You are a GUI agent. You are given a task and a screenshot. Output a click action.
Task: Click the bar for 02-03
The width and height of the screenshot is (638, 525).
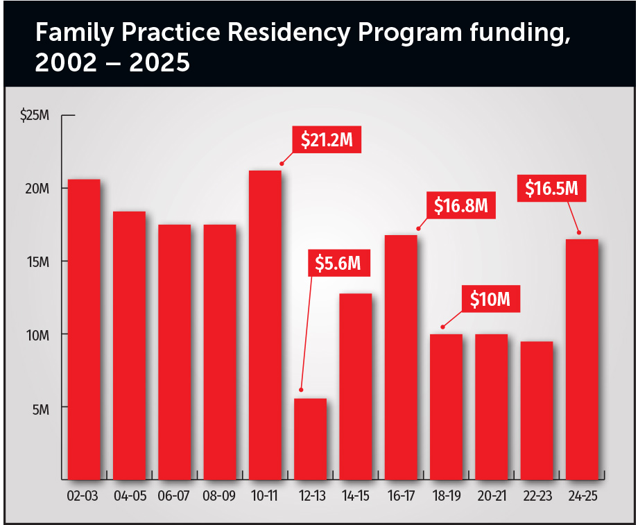coord(84,329)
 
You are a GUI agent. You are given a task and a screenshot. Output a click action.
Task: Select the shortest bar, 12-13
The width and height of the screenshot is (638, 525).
coord(310,439)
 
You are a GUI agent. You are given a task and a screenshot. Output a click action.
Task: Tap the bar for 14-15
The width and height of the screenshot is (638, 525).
coord(355,386)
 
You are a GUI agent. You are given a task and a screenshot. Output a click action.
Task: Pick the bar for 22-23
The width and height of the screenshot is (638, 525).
coord(536,410)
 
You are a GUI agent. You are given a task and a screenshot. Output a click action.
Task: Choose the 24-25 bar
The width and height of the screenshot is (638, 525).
coord(582,359)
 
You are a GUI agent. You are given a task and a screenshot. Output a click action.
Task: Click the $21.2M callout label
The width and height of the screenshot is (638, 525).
coord(327,140)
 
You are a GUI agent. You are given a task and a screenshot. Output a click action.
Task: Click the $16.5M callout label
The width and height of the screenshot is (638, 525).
coord(551,188)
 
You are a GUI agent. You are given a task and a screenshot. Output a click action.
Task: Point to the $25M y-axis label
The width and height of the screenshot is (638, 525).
coord(35,115)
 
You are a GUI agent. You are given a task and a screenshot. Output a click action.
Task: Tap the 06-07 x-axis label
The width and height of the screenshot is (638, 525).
coord(174,497)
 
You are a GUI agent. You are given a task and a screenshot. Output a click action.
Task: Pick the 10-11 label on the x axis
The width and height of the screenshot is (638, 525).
coord(264,497)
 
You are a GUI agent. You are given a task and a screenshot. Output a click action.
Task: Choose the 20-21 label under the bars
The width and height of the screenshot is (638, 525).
coord(491,497)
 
